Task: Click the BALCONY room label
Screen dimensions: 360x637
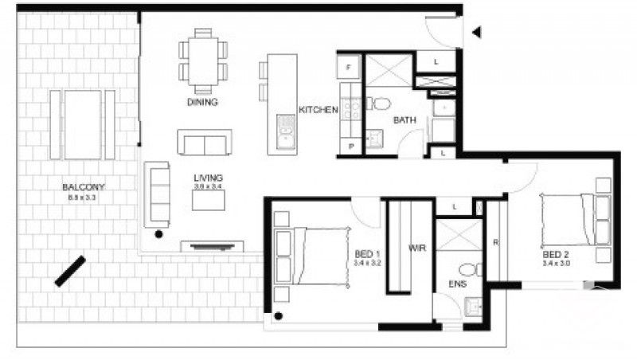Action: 84,188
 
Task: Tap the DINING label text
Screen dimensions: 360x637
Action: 202,103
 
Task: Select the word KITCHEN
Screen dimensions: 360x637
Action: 318,110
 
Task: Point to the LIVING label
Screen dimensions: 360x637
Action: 209,177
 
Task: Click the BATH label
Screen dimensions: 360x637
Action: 404,121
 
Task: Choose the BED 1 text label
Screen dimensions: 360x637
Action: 367,255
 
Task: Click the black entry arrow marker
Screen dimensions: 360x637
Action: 477,33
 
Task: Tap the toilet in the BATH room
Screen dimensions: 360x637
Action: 381,104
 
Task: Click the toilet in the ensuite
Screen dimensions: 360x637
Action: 470,269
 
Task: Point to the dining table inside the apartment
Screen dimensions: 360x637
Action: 202,59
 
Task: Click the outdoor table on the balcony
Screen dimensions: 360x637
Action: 83,124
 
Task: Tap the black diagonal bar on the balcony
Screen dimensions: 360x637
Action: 70,271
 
